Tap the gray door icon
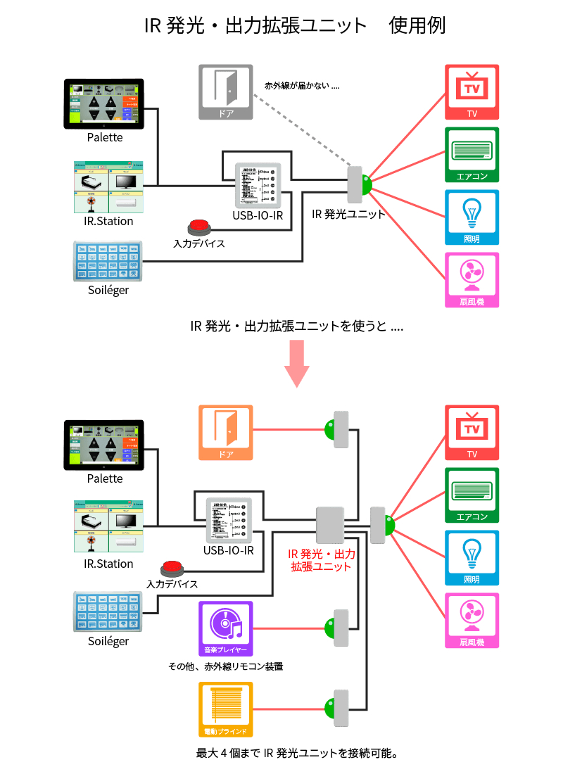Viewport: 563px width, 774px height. click(x=225, y=91)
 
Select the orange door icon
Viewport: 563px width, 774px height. click(x=225, y=432)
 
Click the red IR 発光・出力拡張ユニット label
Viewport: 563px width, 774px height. click(x=320, y=559)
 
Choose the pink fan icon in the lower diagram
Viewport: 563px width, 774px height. click(x=472, y=620)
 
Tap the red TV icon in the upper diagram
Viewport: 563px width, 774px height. click(x=472, y=92)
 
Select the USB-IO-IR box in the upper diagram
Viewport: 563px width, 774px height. click(x=258, y=185)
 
